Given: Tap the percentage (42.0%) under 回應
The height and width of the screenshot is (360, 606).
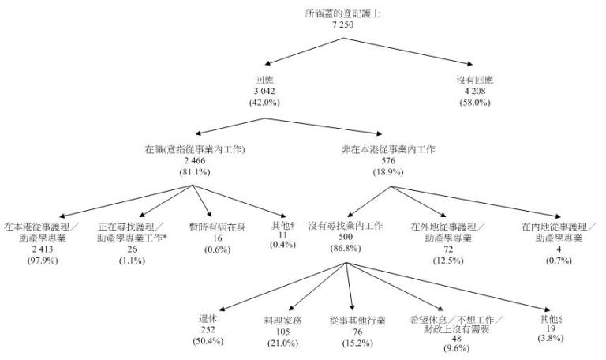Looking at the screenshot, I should click(264, 102).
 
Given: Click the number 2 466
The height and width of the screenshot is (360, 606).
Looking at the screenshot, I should click(195, 160).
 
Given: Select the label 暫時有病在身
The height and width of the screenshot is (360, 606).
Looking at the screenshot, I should click(218, 227).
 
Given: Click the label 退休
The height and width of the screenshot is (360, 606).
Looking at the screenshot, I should click(208, 319).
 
